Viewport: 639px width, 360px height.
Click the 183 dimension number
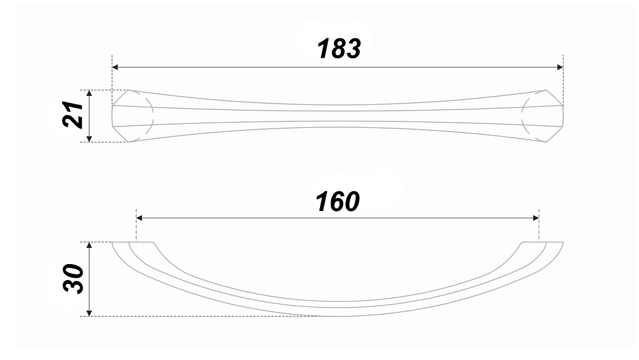click(339, 49)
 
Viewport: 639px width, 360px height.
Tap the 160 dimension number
click(337, 201)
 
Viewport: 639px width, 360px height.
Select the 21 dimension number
click(73, 115)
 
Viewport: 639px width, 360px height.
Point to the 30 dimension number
click(73, 279)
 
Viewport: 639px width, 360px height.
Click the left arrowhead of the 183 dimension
click(115, 67)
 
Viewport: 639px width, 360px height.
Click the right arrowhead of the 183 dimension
click(560, 67)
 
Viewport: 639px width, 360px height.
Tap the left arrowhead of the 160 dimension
click(139, 218)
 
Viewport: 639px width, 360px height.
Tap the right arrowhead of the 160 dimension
click(535, 218)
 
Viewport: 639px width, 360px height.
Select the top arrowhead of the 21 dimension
click(89, 93)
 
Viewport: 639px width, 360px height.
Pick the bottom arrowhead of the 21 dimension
click(89, 139)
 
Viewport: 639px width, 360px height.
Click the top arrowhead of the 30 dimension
click(89, 246)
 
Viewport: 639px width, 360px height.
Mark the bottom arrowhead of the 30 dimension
click(89, 313)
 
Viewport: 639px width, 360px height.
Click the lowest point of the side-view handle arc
click(338, 316)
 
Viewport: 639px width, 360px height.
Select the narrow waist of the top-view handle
click(338, 116)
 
